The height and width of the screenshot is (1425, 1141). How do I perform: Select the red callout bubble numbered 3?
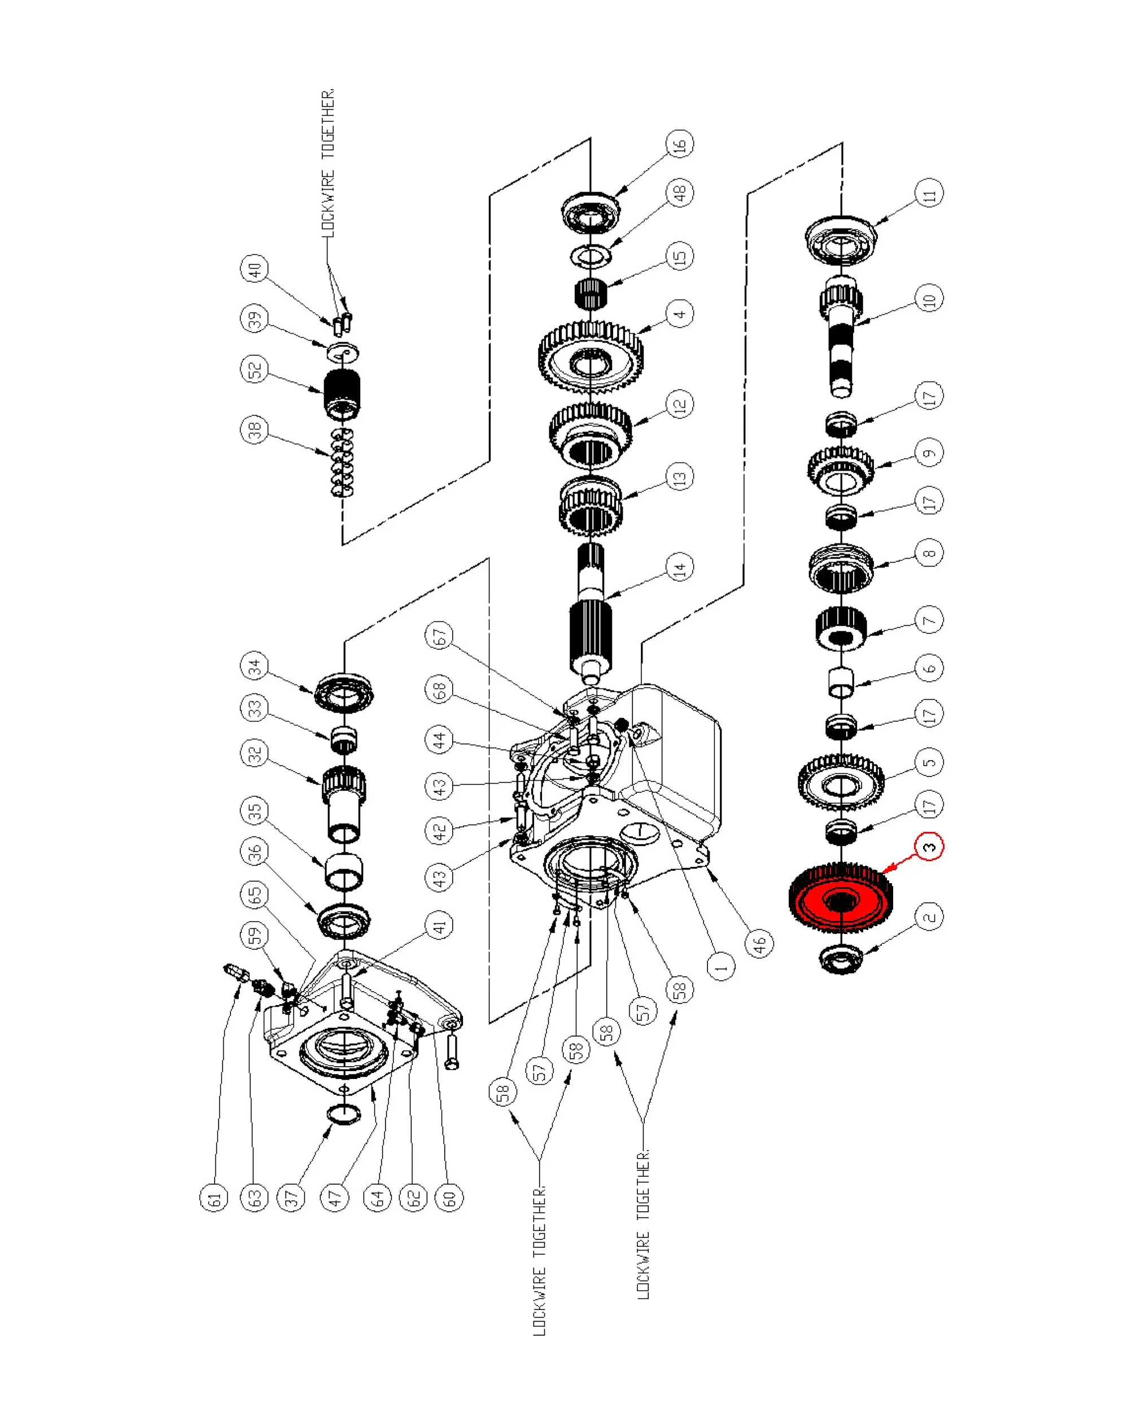(x=929, y=847)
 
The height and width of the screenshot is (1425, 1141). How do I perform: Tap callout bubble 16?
(x=680, y=143)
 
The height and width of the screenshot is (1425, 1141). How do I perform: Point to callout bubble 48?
(x=680, y=192)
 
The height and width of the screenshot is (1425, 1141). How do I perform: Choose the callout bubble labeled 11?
(x=929, y=194)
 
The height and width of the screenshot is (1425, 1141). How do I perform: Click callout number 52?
(x=255, y=370)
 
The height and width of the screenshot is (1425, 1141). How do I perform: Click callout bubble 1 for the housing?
(x=720, y=967)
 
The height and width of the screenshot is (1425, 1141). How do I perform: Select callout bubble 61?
(x=213, y=1198)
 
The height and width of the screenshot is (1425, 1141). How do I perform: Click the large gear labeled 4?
(x=591, y=357)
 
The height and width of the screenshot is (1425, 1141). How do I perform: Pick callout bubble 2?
(x=929, y=917)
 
